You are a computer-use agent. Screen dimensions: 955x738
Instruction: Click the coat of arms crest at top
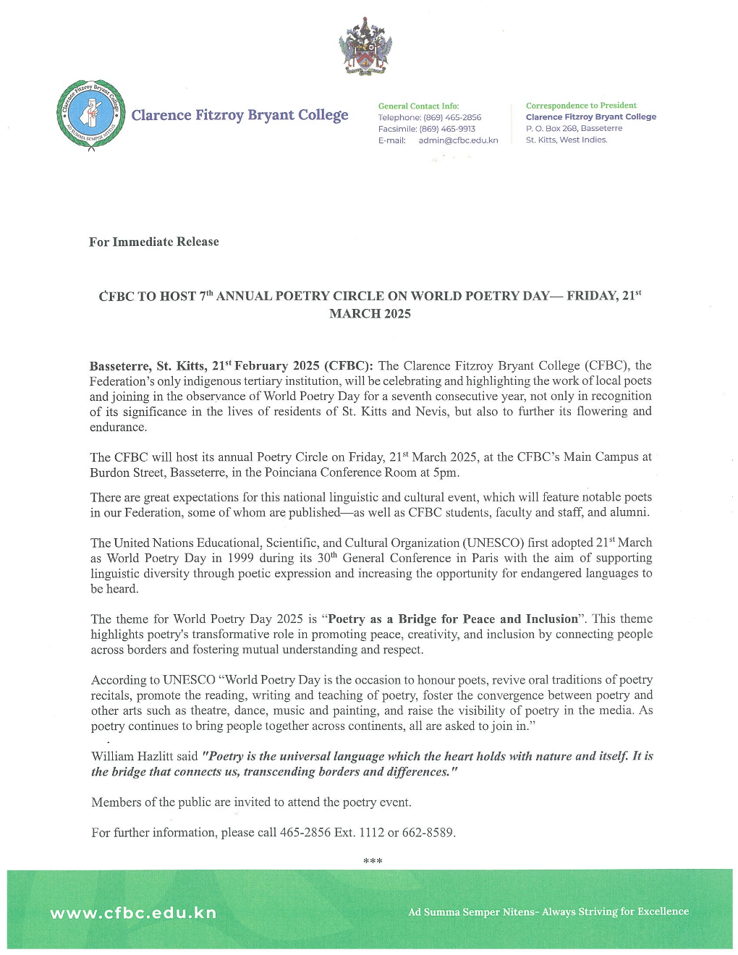click(x=365, y=48)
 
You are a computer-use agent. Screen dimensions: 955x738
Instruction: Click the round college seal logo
click(x=90, y=115)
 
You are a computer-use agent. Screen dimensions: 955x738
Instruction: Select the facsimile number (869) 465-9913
click(x=447, y=129)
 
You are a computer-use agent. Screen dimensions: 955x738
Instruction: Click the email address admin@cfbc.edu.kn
click(x=458, y=140)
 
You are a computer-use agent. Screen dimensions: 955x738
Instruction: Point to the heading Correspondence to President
click(x=581, y=106)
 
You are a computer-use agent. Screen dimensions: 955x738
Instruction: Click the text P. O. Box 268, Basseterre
click(x=574, y=129)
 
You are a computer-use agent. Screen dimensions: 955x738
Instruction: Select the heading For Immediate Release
click(x=153, y=242)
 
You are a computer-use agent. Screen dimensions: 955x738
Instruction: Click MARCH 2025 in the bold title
click(x=370, y=314)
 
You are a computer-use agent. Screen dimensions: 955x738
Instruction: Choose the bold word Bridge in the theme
click(x=417, y=619)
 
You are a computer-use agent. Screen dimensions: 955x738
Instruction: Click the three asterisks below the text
click(x=372, y=861)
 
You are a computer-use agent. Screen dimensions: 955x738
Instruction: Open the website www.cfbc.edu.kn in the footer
click(x=133, y=912)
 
